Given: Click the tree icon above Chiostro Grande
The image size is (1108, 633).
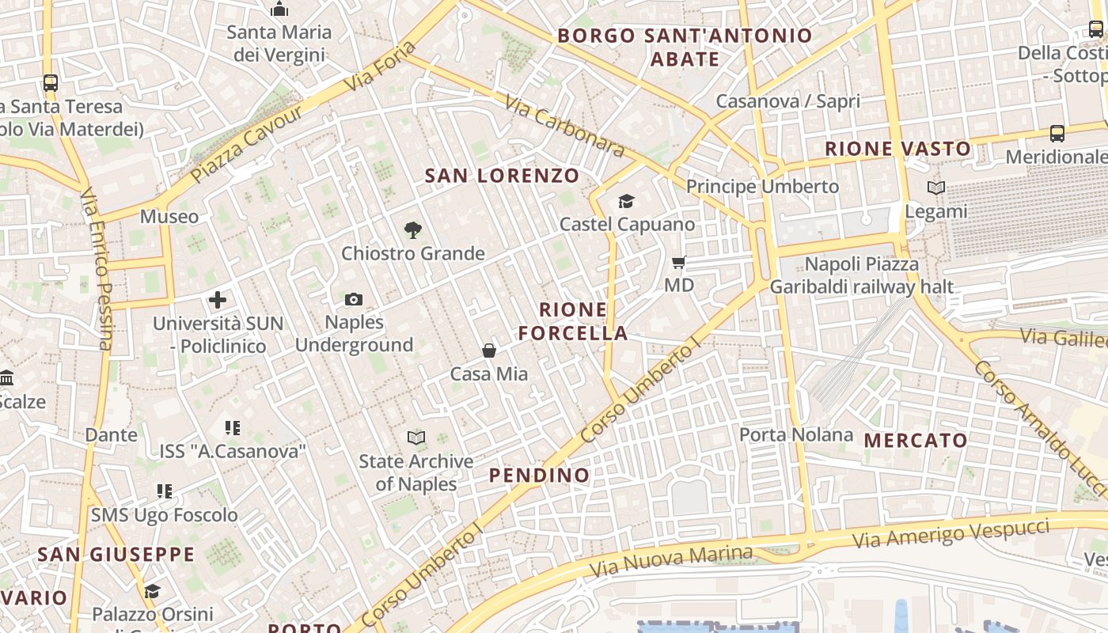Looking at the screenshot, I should pos(412,230).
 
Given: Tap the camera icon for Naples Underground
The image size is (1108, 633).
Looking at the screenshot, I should pos(354,299).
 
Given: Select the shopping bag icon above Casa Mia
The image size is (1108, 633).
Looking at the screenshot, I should pos(489,351).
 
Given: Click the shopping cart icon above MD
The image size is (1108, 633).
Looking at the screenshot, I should pos(678,262).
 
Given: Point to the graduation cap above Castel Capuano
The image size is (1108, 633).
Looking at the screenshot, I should pos(627,201).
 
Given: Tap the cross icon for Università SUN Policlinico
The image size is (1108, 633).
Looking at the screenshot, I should pos(218,300).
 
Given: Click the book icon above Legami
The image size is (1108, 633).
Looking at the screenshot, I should pos(936,188).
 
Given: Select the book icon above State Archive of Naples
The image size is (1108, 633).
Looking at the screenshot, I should pos(416,438).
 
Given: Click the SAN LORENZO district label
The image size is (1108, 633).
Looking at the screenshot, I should pos(502,176).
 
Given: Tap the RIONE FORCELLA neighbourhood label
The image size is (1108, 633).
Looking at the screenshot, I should pos(573,321).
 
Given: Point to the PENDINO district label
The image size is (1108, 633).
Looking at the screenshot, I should pos(539,475).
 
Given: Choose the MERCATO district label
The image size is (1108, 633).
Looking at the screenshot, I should pos(916,441).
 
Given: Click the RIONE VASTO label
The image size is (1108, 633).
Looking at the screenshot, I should pos(897,149).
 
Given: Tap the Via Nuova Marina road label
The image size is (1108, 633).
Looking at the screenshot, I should pos(671,560).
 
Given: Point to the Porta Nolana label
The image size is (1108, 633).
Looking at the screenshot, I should pos(796,434).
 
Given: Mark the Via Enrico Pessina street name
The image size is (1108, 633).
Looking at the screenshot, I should pos(97,269).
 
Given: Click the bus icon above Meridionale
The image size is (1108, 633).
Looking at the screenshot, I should pos(1057,133).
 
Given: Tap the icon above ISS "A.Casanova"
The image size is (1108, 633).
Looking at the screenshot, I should pos(233,428).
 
